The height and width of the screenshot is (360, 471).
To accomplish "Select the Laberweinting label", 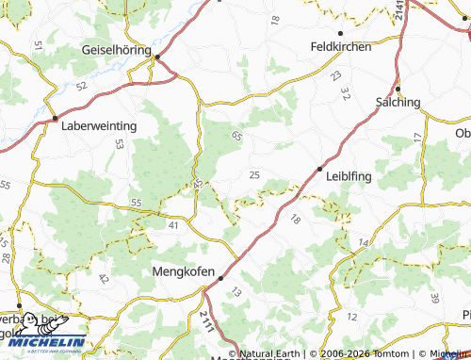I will (x=99, y=125).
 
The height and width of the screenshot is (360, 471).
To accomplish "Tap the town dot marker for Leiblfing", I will (x=318, y=170).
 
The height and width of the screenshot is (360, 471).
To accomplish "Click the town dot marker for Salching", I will (x=398, y=90).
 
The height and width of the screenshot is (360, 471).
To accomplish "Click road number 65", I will (x=236, y=137).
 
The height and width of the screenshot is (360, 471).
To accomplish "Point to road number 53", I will (x=119, y=144).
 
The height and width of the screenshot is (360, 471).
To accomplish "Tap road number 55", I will (x=137, y=203).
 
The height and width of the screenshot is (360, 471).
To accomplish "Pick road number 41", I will (x=172, y=225).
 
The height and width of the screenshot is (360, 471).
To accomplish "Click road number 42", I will (x=103, y=278).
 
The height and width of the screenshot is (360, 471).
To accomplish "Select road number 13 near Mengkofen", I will (x=235, y=294).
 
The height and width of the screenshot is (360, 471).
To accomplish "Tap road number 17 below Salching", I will (x=417, y=138).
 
